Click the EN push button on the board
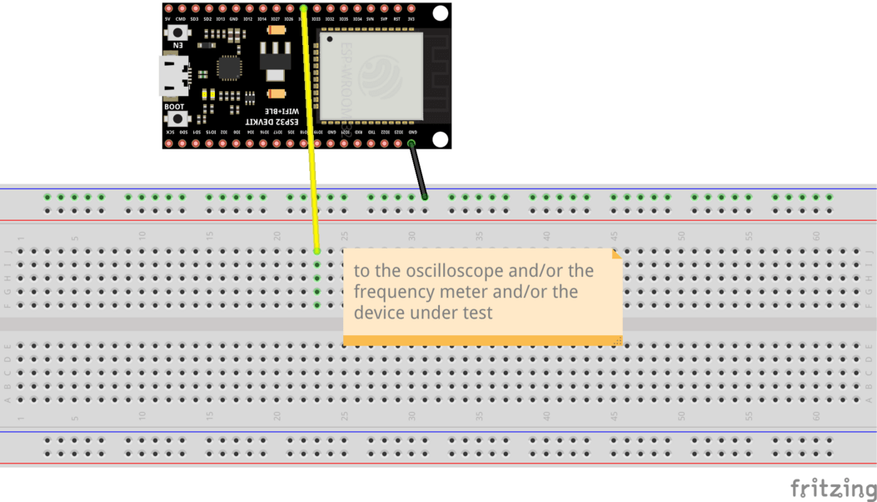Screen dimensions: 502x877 (177, 33)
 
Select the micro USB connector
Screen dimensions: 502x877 (172, 75)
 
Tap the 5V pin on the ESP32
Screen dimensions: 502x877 (169, 9)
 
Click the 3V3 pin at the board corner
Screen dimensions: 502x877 (411, 9)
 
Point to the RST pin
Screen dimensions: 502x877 (397, 9)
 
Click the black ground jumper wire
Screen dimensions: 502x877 (418, 171)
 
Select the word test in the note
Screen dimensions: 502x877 (476, 313)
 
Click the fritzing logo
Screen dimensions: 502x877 (833, 488)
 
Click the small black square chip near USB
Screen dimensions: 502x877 (229, 68)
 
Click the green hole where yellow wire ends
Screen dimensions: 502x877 (317, 251)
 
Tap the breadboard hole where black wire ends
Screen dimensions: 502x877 (425, 198)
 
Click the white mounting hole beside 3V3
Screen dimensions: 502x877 (441, 13)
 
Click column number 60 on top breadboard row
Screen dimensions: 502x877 (816, 236)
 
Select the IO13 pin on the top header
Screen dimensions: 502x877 (220, 9)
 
